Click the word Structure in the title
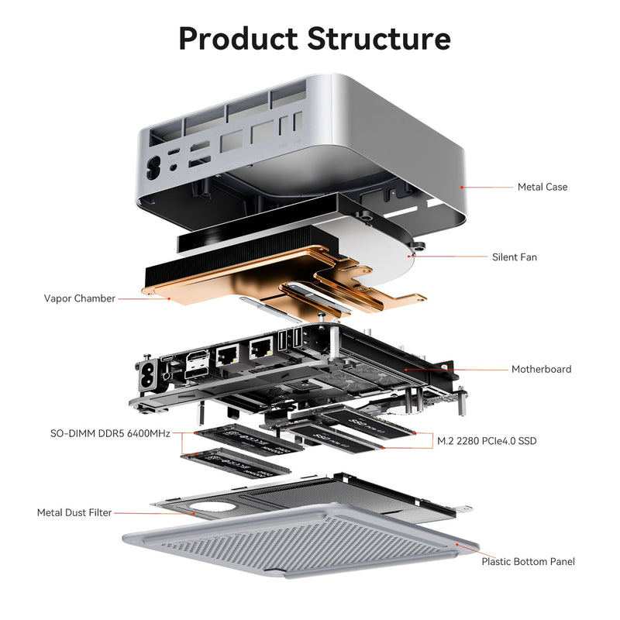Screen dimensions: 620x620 coord(379,38)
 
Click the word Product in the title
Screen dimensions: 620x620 coord(238,38)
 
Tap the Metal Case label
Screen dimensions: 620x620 coord(542,187)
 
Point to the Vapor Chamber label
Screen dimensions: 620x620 coord(80,298)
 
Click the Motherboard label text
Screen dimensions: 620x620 coord(541,369)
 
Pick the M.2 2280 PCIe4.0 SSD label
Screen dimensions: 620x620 coord(487,441)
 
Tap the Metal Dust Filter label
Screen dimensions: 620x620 coord(74,512)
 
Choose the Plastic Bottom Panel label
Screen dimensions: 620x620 coord(528,561)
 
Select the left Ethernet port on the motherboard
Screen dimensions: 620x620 coord(229,356)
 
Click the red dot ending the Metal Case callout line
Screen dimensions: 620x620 coord(461,187)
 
